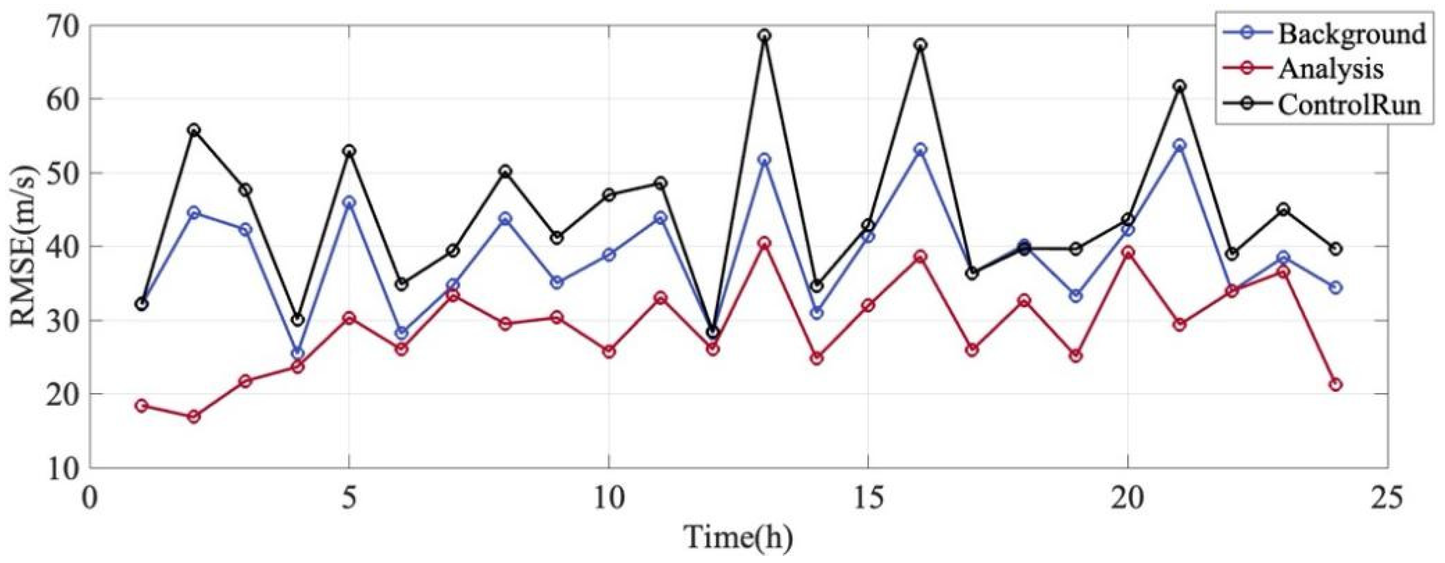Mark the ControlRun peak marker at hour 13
[x=764, y=35]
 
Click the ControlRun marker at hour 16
[x=920, y=45]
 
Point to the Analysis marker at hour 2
[x=194, y=416]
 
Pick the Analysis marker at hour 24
[x=1335, y=384]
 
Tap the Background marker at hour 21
[x=1180, y=145]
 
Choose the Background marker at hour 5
[x=349, y=203]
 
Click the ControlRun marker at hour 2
[x=194, y=130]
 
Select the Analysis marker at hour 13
[x=764, y=243]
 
